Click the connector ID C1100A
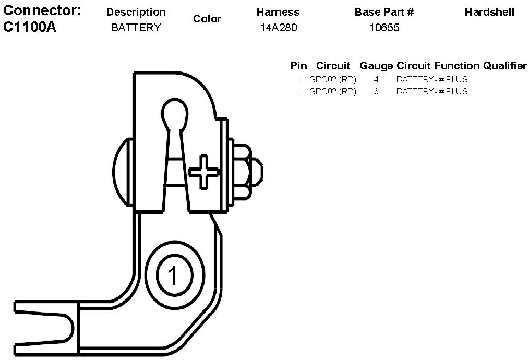pos(29,27)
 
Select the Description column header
pos(136,12)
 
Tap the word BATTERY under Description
pos(136,28)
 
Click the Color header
pos(207,19)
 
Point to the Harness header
pos(278,12)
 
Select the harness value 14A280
pos(279,28)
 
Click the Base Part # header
pos(384,12)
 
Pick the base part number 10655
pos(384,28)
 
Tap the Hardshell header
pos(489,12)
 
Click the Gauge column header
pos(376,66)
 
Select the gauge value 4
pos(376,80)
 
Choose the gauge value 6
pos(376,91)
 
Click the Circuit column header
pos(333,66)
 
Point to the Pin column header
pos(298,66)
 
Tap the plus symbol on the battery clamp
pos(202,171)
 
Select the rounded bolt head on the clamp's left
pos(122,171)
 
